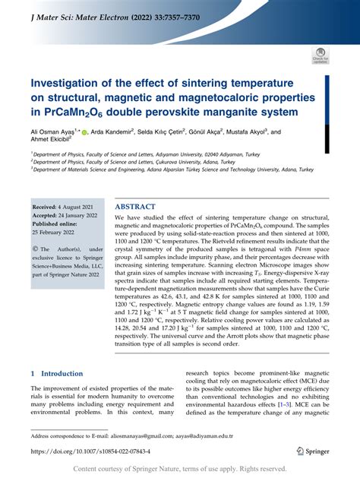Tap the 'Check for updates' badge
[x=320, y=55]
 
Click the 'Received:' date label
[x=46, y=207]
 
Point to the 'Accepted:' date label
[x=47, y=215]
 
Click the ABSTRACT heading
[x=135, y=207]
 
